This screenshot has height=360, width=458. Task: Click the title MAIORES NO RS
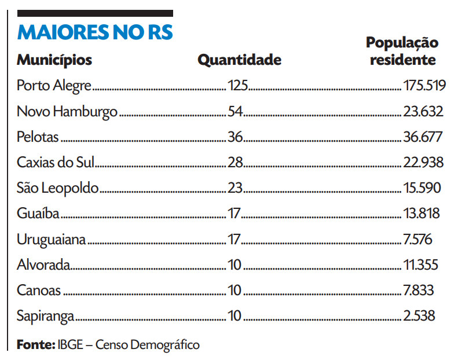click(x=95, y=32)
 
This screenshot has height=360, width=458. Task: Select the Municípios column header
click(x=54, y=60)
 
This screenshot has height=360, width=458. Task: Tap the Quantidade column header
click(x=240, y=60)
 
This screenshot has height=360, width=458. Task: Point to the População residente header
click(x=402, y=51)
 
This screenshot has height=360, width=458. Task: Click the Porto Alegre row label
click(x=54, y=86)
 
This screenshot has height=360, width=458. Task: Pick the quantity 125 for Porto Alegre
click(x=238, y=86)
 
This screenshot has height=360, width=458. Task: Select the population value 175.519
click(x=424, y=86)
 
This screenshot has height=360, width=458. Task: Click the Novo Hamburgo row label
click(x=67, y=112)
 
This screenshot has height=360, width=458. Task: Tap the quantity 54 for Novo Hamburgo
click(x=235, y=112)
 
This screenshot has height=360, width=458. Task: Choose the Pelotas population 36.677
click(x=423, y=137)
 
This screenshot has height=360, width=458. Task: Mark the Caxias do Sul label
click(x=55, y=163)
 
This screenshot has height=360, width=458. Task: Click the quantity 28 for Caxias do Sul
click(x=235, y=163)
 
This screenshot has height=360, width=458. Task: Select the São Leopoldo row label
click(x=58, y=188)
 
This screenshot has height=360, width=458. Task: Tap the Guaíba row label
click(x=38, y=214)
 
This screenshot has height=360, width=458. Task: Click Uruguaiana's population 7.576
click(x=417, y=239)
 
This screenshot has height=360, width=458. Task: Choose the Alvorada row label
click(x=44, y=265)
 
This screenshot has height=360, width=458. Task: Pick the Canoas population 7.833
click(x=418, y=291)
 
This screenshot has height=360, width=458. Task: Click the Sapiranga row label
click(x=46, y=316)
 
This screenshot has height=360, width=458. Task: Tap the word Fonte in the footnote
click(x=35, y=345)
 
